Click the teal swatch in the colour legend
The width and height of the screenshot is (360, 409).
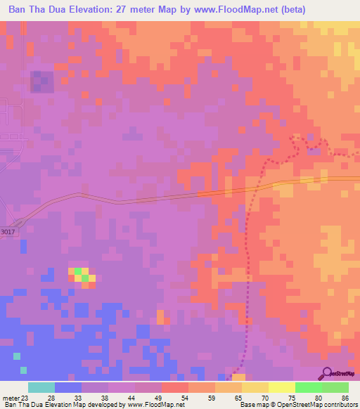point(41,387)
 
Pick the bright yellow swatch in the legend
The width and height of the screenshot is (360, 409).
point(282,387)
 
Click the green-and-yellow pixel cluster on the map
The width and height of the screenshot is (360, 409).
point(82,275)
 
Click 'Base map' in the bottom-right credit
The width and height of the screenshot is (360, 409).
point(252,404)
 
